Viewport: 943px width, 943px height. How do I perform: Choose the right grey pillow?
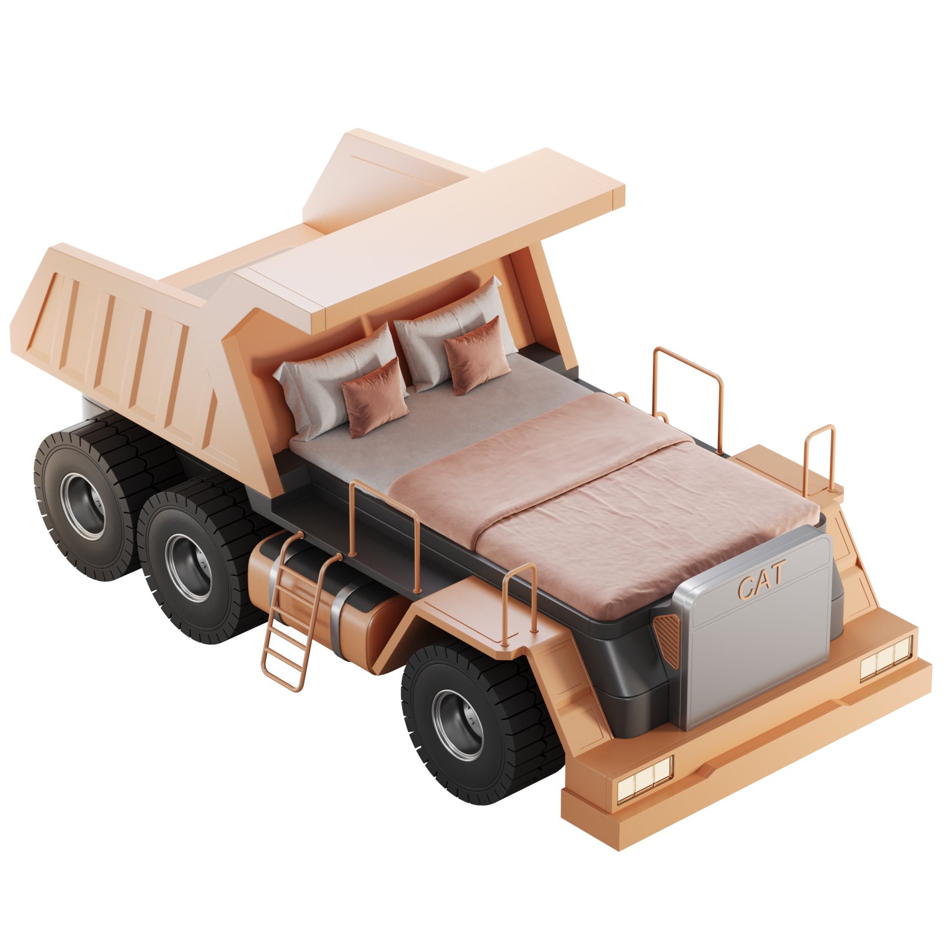[451, 336]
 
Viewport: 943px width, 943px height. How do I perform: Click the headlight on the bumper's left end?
[645, 777]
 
